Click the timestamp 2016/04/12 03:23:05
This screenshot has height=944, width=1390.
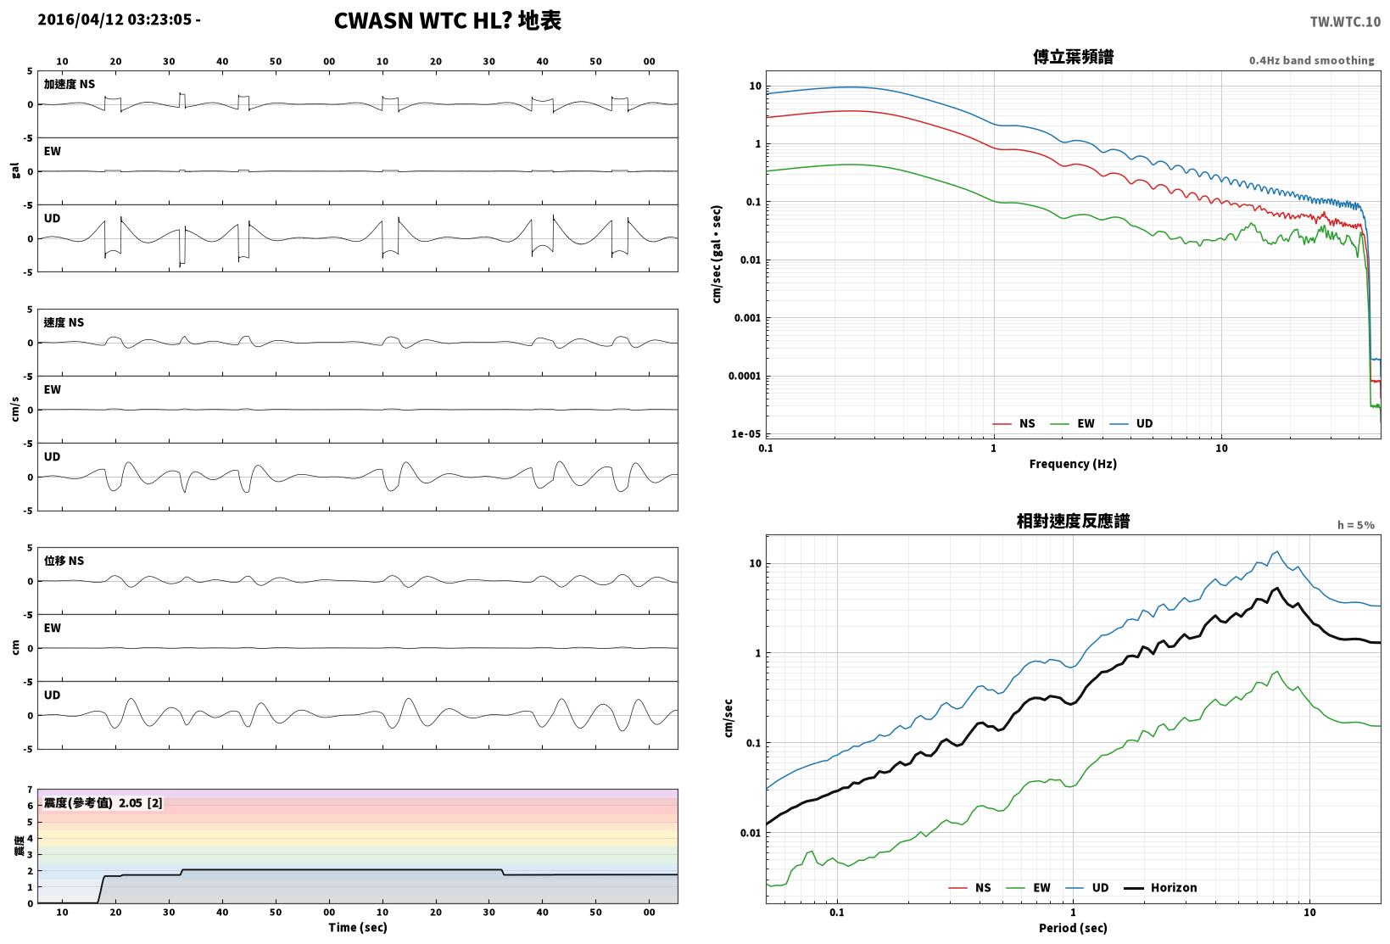114,20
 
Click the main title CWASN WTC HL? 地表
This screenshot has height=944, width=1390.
448,20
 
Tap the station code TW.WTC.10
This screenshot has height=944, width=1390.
1345,22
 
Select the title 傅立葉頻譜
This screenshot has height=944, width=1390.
1073,57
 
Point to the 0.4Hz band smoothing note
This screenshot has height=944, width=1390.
1311,60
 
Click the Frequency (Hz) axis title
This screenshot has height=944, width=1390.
1072,464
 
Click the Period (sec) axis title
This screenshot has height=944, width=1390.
1072,928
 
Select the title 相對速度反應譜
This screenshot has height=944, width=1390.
1073,521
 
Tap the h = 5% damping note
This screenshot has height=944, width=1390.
1355,525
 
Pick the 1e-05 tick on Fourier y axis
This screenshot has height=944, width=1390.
745,433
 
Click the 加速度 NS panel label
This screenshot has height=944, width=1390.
69,85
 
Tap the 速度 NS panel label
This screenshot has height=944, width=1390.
64,323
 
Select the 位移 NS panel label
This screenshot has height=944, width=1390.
64,561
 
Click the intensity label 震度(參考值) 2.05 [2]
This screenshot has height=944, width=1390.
103,803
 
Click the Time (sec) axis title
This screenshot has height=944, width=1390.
357,927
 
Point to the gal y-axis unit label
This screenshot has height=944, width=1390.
15,170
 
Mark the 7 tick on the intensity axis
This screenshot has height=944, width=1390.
30,790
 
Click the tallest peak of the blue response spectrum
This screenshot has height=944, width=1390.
1276,551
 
